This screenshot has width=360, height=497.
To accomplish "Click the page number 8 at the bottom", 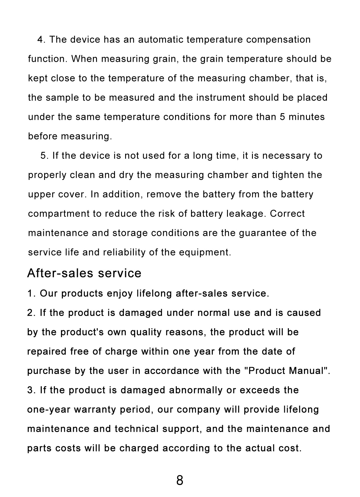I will pos(180,480).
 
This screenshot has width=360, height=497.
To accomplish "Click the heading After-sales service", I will pos(84,273).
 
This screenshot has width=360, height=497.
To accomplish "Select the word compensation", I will pos(278,39).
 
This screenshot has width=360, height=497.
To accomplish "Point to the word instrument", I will pos(221,97).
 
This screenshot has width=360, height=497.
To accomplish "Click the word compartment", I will pos(59,214).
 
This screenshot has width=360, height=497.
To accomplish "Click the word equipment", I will pos(204,252).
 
